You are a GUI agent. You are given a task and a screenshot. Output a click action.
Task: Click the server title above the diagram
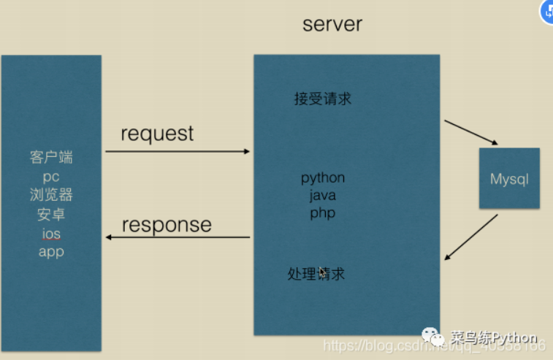pyautogui.click(x=332, y=24)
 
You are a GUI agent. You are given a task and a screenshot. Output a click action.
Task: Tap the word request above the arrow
pyautogui.click(x=157, y=134)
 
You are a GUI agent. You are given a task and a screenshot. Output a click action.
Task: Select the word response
pyautogui.click(x=167, y=224)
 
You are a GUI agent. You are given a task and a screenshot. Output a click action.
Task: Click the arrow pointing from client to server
pyautogui.click(x=178, y=152)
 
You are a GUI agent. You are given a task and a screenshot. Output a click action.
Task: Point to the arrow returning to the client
pyautogui.click(x=178, y=237)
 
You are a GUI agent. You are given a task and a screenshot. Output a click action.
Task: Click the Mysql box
pyautogui.click(x=509, y=179)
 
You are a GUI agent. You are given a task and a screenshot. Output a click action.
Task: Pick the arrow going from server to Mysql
pyautogui.click(x=471, y=133)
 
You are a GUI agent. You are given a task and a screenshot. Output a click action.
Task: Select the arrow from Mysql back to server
pyautogui.click(x=471, y=237)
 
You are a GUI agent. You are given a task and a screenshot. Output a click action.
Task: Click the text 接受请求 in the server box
pyautogui.click(x=322, y=99)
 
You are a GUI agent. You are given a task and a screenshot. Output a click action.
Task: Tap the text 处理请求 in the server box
pyautogui.click(x=316, y=274)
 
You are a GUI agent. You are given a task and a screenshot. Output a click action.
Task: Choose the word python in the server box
pyautogui.click(x=323, y=178)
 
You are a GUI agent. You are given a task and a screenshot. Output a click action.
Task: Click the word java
pyautogui.click(x=322, y=196)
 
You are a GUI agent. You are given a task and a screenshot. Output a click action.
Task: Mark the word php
pyautogui.click(x=322, y=213)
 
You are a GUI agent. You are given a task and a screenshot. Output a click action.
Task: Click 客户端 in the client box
pyautogui.click(x=51, y=157)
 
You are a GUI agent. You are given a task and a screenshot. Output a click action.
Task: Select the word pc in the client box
pyautogui.click(x=51, y=176)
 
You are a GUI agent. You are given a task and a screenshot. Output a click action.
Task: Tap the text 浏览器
pyautogui.click(x=51, y=195)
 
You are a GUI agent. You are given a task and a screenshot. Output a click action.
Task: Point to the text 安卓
pyautogui.click(x=51, y=214)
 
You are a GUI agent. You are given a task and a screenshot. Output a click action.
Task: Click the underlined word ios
pyautogui.click(x=51, y=234)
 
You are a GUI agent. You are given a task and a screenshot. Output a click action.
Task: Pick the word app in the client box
pyautogui.click(x=51, y=252)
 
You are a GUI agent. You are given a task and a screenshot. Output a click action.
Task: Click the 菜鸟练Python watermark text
pyautogui.click(x=493, y=338)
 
